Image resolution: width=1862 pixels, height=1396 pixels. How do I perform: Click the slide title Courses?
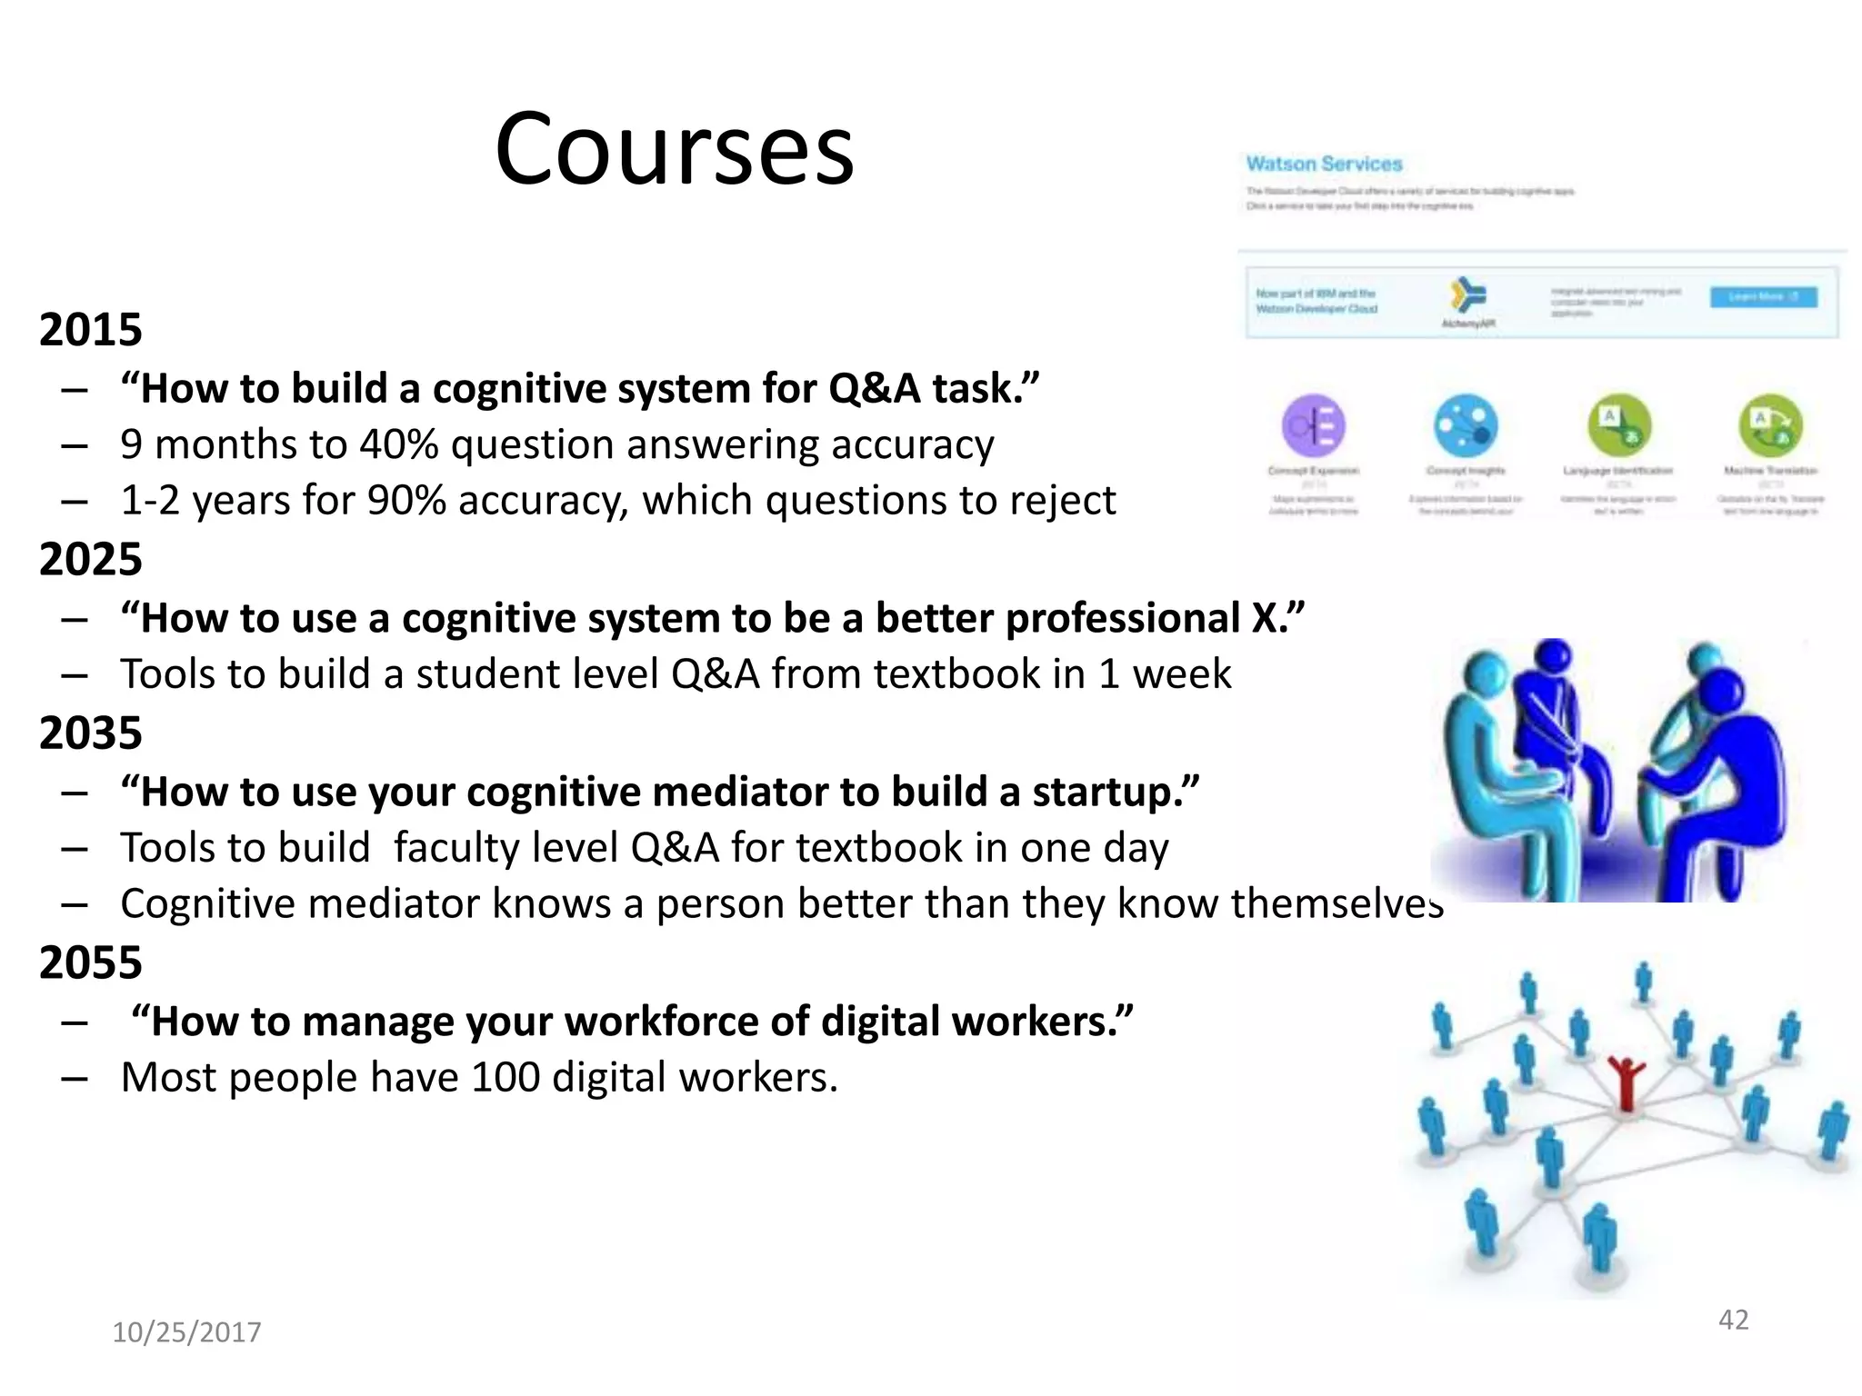(x=674, y=149)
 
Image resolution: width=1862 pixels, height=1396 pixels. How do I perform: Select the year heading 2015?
(x=90, y=329)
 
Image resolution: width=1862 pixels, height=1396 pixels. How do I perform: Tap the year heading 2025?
(x=90, y=559)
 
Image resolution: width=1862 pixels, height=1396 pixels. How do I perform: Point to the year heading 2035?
(x=90, y=733)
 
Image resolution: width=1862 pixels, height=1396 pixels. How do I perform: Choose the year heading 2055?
(x=90, y=962)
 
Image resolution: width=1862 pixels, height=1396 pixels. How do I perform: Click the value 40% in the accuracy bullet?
(x=398, y=445)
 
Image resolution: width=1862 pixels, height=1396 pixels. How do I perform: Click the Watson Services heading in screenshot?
(x=1324, y=165)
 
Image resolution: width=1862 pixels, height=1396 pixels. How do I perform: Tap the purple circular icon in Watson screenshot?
(x=1313, y=424)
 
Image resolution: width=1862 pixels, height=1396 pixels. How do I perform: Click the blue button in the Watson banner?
(x=1763, y=297)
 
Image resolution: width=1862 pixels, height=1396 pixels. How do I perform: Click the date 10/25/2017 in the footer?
(x=186, y=1332)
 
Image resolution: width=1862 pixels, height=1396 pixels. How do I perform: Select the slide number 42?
(x=1733, y=1320)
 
